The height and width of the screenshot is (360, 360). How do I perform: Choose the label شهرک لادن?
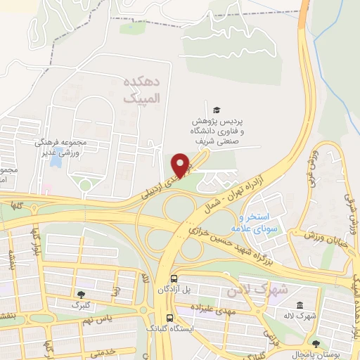(x=259, y=289)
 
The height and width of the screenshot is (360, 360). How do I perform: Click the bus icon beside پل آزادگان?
(x=173, y=278)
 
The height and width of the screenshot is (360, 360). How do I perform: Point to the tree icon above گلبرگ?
(x=82, y=294)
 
